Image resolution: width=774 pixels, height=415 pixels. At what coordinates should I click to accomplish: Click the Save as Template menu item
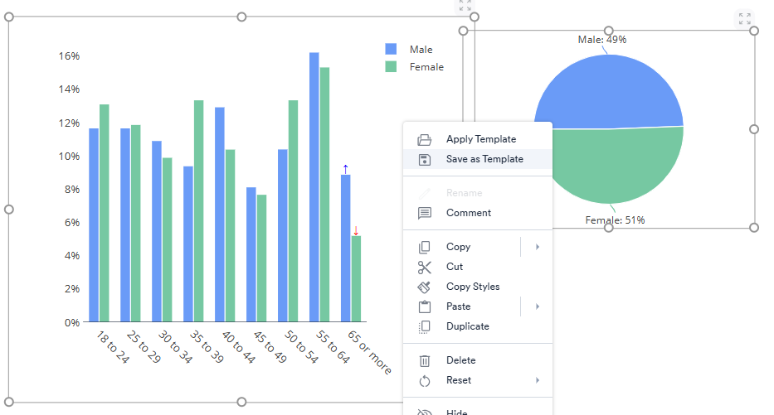coord(484,159)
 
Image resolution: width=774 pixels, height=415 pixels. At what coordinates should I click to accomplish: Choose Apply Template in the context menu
coord(480,139)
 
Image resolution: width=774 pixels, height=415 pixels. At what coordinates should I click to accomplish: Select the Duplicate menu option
coord(467,326)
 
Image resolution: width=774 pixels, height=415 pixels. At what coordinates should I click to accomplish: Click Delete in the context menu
coord(460,360)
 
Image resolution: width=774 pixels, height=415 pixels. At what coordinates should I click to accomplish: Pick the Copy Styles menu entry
coord(472,287)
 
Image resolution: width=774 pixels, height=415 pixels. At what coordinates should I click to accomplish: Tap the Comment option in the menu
coord(468,213)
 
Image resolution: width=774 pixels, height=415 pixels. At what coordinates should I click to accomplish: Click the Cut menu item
coord(454,267)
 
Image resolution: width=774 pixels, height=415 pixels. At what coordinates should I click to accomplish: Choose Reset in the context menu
coord(458,380)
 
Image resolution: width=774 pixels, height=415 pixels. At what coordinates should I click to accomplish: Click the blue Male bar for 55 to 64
coord(314,187)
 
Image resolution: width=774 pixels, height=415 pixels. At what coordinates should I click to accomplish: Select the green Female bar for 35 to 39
coord(199,210)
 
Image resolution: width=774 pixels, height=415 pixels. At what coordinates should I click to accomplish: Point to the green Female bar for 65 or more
coord(356,278)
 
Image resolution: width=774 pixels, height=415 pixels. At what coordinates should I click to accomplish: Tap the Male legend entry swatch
coord(392,50)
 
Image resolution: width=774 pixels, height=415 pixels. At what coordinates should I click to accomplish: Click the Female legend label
coord(426,67)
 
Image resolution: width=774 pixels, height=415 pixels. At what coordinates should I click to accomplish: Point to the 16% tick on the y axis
coord(69,56)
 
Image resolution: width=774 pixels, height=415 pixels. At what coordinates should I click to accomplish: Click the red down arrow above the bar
coord(356,229)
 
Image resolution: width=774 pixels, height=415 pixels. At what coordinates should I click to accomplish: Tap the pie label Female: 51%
coord(615,220)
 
